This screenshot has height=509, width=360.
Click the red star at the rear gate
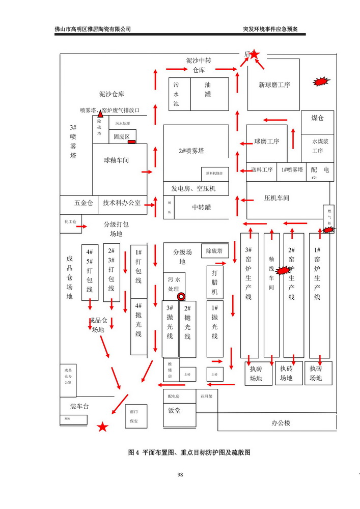click(255, 54)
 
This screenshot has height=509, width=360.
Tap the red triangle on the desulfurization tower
click(100, 114)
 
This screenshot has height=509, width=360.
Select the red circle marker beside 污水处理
click(180, 297)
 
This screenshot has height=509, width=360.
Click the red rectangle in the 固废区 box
click(131, 142)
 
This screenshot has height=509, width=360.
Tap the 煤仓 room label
click(317, 118)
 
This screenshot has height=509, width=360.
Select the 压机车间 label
click(276, 198)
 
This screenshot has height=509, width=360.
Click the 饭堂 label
click(174, 410)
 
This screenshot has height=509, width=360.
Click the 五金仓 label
click(84, 203)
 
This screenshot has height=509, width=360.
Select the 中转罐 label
click(201, 207)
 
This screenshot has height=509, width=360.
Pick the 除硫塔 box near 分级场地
click(214, 250)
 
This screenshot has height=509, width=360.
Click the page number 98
click(180, 475)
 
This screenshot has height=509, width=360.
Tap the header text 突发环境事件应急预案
click(270, 29)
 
